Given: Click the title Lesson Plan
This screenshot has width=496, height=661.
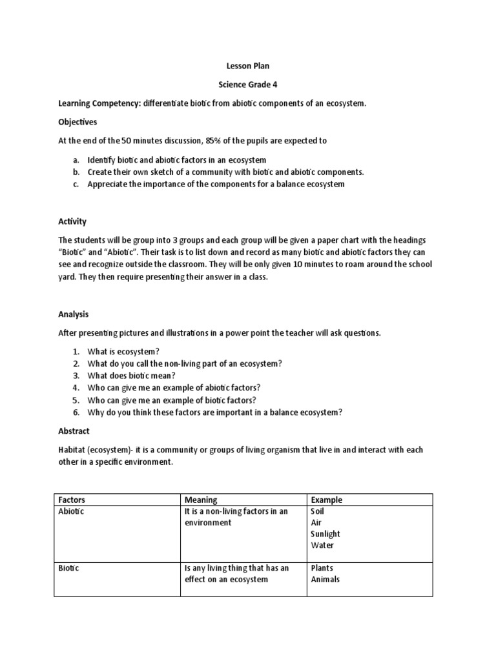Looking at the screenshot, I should [247, 66].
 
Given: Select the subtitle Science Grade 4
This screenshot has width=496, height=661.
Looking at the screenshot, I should [247, 85].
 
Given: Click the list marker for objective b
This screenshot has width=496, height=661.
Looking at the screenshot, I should [75, 172].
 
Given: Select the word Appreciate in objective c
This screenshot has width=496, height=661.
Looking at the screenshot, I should [108, 184].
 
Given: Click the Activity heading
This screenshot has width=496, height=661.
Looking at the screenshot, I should [72, 221].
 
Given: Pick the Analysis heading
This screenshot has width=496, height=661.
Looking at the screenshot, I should [73, 314].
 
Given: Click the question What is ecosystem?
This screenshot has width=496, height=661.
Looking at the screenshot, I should [123, 351].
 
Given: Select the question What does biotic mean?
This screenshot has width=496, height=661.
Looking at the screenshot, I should [131, 376].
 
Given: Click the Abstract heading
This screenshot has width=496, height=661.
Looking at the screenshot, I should [74, 431].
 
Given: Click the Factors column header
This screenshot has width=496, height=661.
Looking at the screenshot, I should [72, 500].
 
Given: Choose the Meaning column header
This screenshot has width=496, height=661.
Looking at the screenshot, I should [201, 500].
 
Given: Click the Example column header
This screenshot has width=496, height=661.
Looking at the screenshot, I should [326, 500].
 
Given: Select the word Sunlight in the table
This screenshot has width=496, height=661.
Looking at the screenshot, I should [325, 534].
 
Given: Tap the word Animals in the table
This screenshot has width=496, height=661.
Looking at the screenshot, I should [325, 579].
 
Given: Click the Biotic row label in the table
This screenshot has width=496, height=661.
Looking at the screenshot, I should [69, 568].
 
